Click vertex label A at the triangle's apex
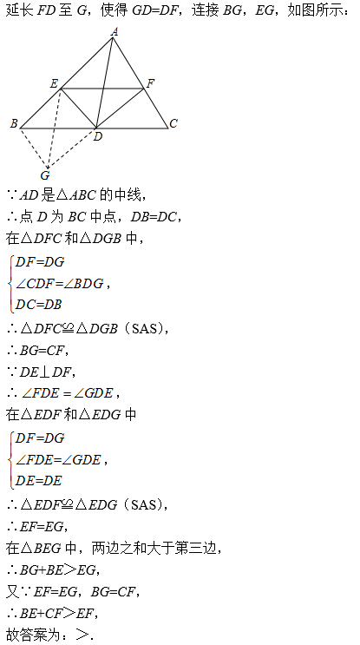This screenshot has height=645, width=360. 115,31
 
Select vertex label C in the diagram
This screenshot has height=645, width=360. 173,123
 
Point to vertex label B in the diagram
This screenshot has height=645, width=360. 14,123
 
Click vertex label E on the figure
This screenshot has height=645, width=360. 54,84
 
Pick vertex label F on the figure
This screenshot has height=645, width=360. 150,84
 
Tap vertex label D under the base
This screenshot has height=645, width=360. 97,136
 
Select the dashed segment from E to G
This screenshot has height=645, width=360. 55,128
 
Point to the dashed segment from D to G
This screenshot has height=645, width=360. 72,148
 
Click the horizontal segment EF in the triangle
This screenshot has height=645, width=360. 102,88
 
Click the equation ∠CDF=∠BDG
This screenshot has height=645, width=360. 59,283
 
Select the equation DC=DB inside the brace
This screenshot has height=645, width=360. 38,305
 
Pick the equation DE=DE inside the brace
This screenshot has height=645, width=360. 38,480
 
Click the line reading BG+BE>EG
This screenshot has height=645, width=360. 54,570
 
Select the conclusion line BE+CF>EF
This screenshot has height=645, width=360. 53,614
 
